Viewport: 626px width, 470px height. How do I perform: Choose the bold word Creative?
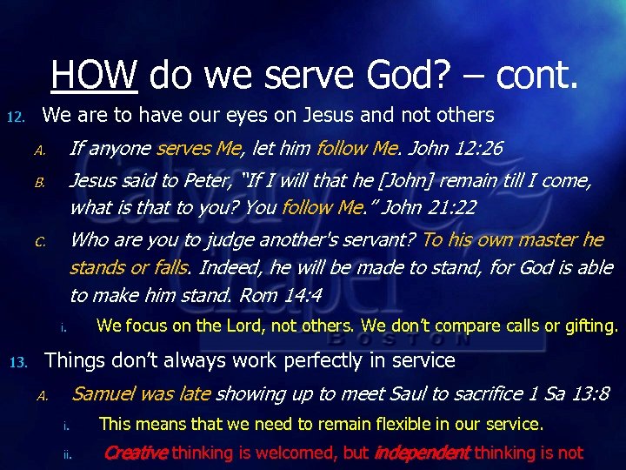coord(137,453)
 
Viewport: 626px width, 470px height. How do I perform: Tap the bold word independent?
coord(421,453)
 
